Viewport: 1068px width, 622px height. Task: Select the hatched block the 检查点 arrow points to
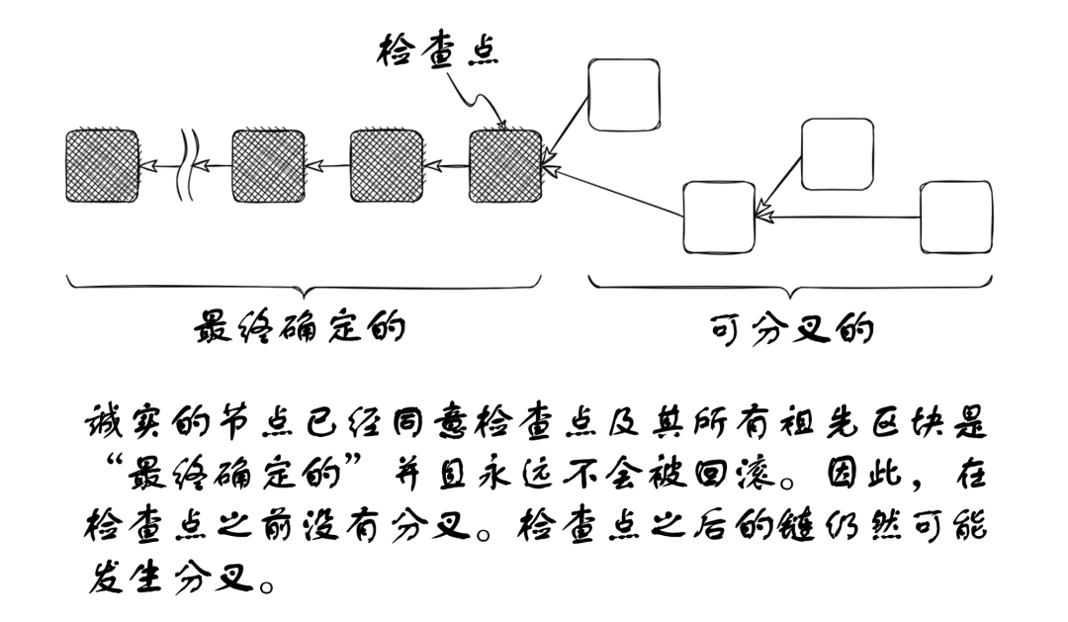[505, 165]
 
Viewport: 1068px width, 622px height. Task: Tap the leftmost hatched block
[102, 165]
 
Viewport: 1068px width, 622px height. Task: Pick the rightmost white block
[955, 217]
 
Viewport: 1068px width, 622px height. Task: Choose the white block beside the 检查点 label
[623, 94]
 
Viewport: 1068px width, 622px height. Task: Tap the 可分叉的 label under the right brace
[790, 329]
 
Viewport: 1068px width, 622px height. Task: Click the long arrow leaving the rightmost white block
[841, 215]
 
